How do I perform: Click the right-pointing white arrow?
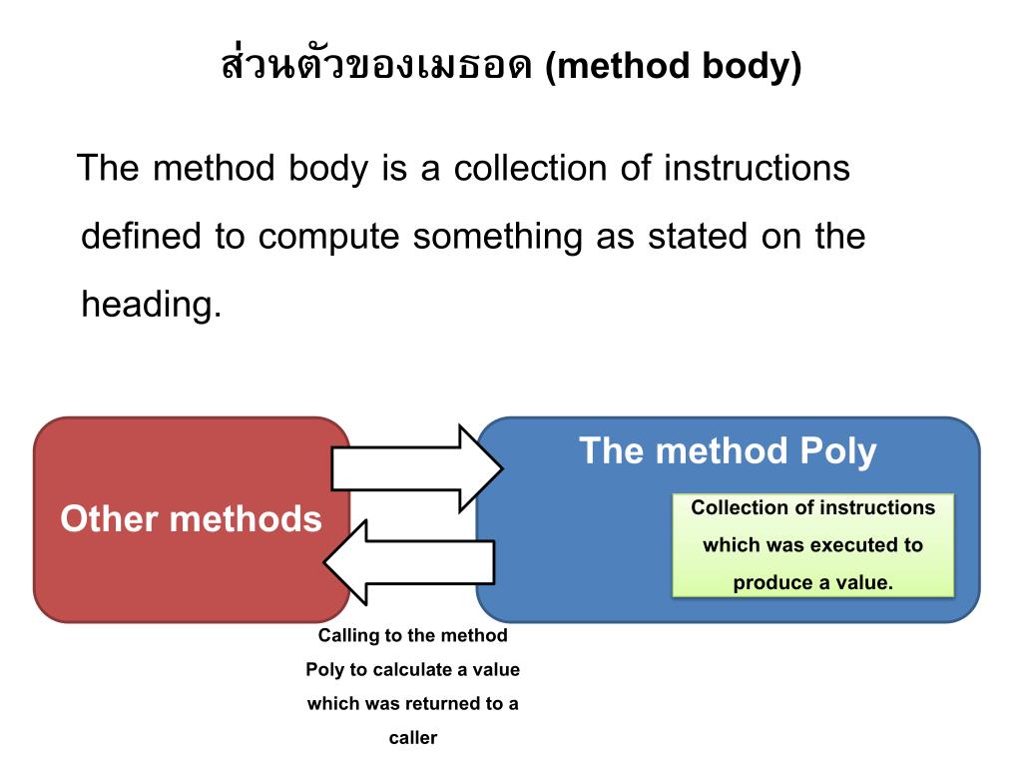pos(414,467)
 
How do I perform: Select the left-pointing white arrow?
pos(409,561)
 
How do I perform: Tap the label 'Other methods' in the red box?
pos(191,519)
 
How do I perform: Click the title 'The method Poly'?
pos(728,451)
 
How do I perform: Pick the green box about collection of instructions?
pos(812,545)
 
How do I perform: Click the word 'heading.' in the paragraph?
pos(151,304)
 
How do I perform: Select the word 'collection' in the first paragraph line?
pos(530,168)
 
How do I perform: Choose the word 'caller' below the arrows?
pos(413,739)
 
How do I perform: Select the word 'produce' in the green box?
pos(767,583)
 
